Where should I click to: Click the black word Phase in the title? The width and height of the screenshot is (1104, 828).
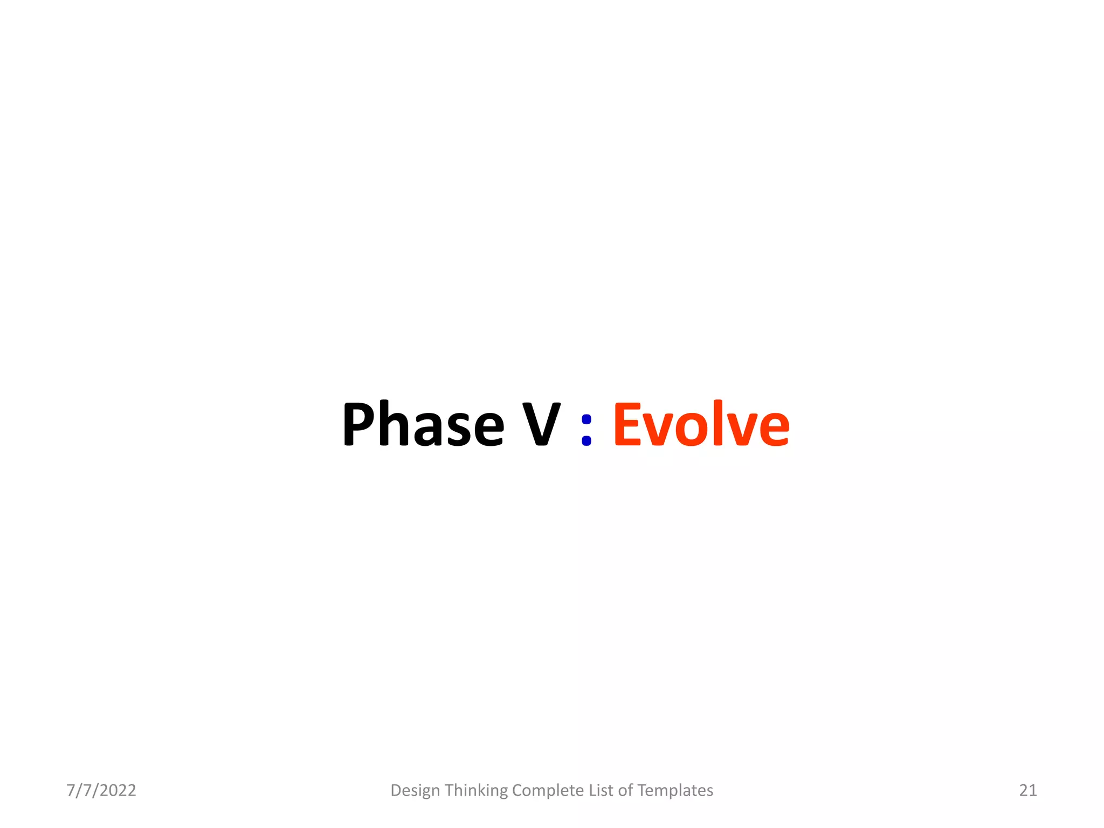(423, 424)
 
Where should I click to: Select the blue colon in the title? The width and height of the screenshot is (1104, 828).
(586, 430)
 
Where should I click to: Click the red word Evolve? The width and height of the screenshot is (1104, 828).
(701, 424)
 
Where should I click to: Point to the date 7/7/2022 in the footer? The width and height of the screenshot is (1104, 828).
(101, 790)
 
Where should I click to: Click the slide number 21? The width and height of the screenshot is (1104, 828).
(1028, 790)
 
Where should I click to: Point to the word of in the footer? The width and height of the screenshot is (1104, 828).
(625, 790)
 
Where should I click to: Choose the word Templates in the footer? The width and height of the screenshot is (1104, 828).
(675, 790)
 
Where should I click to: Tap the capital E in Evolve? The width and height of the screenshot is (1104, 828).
(627, 424)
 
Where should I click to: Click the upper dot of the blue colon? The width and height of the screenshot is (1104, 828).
(586, 419)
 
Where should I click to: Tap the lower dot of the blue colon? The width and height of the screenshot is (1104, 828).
(586, 440)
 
